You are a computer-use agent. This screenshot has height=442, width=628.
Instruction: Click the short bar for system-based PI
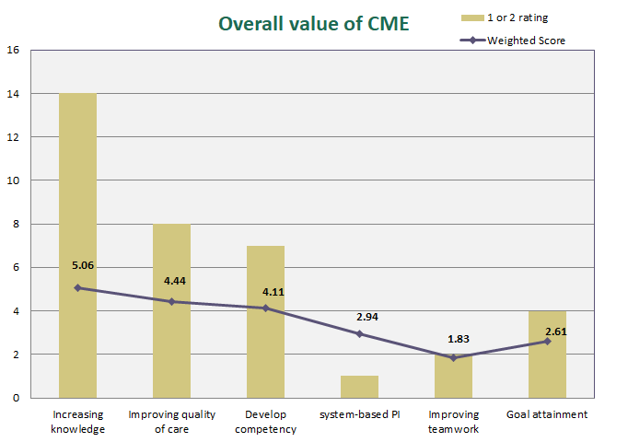(x=359, y=387)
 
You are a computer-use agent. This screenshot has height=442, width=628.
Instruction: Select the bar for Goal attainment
(x=547, y=368)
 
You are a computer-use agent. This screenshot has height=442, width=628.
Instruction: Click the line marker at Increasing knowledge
(x=77, y=287)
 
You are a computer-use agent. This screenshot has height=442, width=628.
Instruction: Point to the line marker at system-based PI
(x=359, y=333)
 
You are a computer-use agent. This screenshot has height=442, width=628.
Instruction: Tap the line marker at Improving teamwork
(x=453, y=357)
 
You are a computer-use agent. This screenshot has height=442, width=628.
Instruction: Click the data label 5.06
(x=83, y=265)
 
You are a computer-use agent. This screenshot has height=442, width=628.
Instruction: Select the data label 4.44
(x=177, y=279)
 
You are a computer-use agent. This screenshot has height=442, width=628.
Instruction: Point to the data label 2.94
(x=368, y=316)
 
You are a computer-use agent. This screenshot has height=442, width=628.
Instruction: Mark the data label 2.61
(x=554, y=331)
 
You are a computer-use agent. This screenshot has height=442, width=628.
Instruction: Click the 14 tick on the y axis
(x=13, y=93)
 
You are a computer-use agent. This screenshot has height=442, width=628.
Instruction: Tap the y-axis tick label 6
(x=13, y=267)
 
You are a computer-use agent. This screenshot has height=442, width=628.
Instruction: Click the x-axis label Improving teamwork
(x=453, y=421)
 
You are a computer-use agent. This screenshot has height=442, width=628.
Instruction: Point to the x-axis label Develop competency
(x=265, y=421)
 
